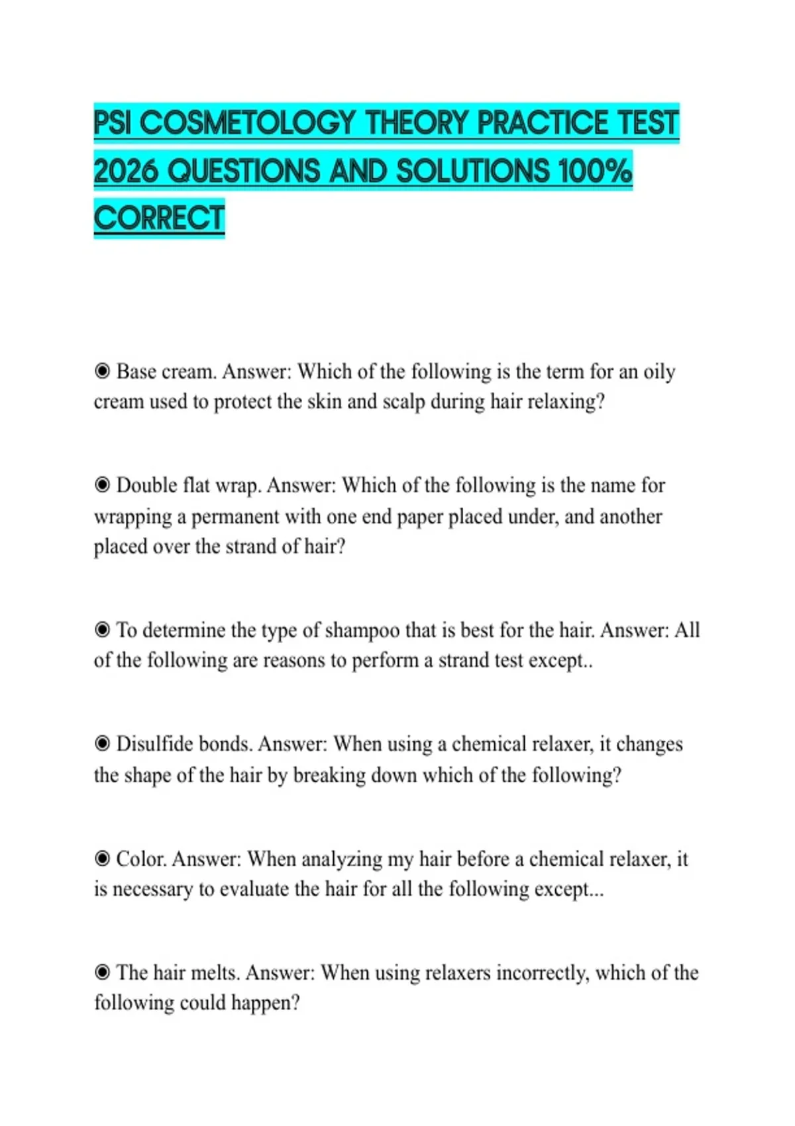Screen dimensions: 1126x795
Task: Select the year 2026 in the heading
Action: (126, 172)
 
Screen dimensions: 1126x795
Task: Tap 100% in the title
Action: (595, 172)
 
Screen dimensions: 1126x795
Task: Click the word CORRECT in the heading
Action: (159, 219)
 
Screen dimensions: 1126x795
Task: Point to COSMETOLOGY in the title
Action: (248, 123)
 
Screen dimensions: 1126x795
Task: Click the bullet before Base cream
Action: (102, 371)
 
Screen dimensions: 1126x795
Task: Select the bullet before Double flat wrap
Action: (102, 485)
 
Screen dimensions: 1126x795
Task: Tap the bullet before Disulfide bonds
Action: (102, 744)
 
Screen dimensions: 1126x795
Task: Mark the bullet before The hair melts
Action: (102, 972)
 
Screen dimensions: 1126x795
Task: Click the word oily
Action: (659, 372)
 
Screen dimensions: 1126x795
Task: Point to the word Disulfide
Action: (154, 744)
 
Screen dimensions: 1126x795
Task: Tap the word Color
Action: (140, 859)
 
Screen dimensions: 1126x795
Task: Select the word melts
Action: (215, 972)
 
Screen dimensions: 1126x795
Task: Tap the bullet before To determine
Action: (102, 629)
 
